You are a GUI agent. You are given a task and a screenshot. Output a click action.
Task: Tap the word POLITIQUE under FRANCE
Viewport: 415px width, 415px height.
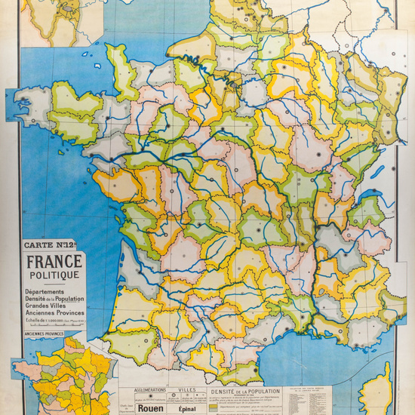click(x=55, y=275)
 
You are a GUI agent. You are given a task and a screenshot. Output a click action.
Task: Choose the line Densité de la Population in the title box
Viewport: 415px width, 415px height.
click(x=55, y=299)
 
